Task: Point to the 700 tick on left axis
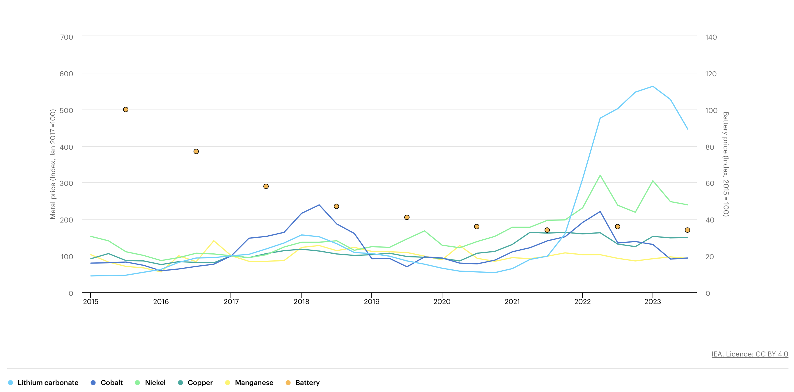pos(67,37)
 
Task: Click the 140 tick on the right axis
pos(711,37)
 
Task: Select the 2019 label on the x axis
pos(371,302)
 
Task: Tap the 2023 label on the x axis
pos(652,302)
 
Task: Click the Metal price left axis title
pos(53,164)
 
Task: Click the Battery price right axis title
pos(726,164)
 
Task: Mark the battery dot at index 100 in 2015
pos(126,110)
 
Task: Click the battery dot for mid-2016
pos(196,151)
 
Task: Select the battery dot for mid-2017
pos(266,186)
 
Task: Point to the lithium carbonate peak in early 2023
pos(653,86)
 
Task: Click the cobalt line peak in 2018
pos(319,205)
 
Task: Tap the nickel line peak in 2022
pos(600,175)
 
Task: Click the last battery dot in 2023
pos(687,230)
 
